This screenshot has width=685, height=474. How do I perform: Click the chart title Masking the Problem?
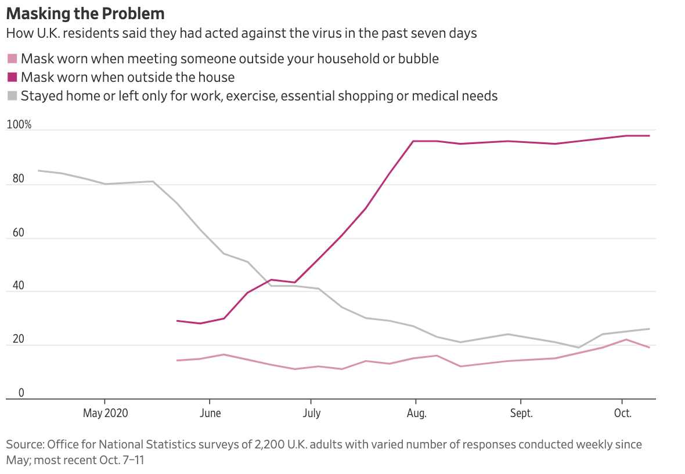pyautogui.click(x=85, y=13)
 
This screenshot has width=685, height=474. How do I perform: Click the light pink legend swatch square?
pyautogui.click(x=12, y=59)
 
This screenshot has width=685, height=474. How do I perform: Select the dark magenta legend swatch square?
pyautogui.click(x=12, y=77)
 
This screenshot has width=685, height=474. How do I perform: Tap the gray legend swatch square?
pyautogui.click(x=12, y=96)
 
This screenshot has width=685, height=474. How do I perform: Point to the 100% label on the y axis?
pyautogui.click(x=19, y=125)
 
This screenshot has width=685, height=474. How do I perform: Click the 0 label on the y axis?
pyautogui.click(x=21, y=393)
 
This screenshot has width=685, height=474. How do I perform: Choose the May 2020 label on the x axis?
pyautogui.click(x=105, y=414)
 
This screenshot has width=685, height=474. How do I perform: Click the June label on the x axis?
pyautogui.click(x=210, y=414)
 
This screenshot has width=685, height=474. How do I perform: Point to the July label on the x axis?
pyautogui.click(x=312, y=414)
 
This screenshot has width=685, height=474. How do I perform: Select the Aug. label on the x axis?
pyautogui.click(x=416, y=414)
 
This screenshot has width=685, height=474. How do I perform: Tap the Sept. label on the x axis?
pyautogui.click(x=521, y=414)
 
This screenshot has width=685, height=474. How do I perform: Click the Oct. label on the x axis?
pyautogui.click(x=623, y=414)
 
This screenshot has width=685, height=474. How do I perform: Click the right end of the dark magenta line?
pyautogui.click(x=650, y=136)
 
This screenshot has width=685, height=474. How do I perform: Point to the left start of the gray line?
pyautogui.click(x=38, y=171)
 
